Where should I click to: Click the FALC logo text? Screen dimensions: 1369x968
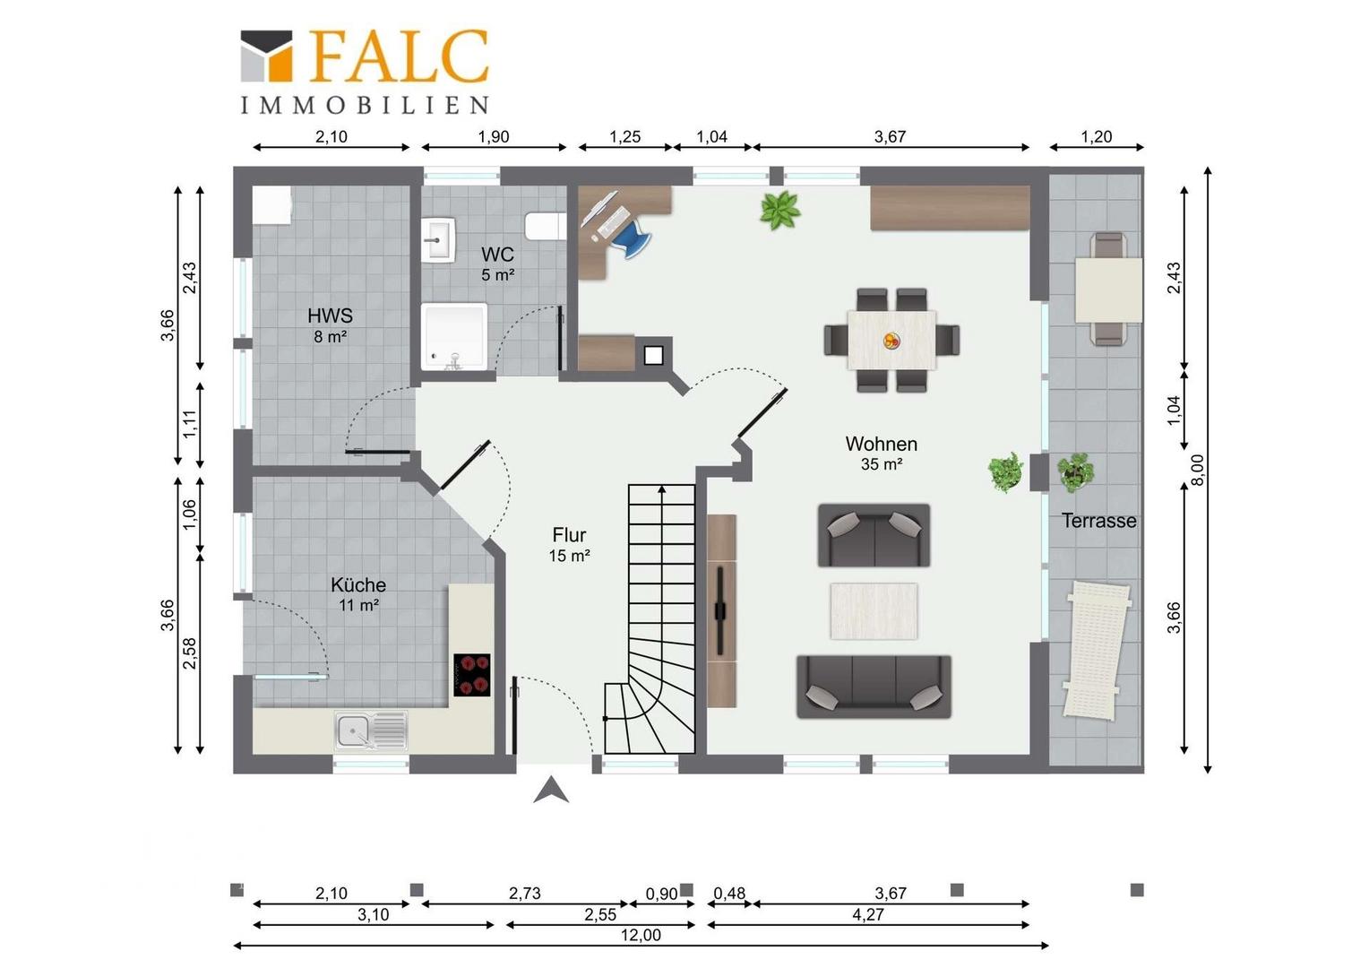point(400,56)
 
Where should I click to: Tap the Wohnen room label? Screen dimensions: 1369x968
point(882,444)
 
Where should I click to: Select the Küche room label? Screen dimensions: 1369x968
point(358,584)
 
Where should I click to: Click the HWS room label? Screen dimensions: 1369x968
point(330,315)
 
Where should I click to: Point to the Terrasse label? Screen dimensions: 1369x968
point(1098,521)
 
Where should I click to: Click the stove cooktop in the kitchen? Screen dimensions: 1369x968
point(472,675)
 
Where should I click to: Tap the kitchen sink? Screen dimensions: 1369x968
point(371,730)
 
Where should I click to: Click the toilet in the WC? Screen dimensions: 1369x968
point(546,226)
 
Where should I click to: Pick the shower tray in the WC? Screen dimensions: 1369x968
point(454,336)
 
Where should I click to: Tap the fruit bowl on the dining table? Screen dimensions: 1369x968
point(891,341)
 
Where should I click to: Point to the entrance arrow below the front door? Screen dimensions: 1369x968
point(551,790)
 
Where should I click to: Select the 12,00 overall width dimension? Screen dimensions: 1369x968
point(641,935)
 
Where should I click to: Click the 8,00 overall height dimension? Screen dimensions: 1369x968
point(1199,470)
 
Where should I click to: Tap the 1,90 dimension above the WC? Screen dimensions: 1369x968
point(493,136)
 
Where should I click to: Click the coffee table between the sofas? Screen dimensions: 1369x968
point(874,611)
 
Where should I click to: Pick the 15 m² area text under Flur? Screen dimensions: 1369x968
point(569,556)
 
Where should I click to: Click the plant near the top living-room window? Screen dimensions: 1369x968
point(779,211)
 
